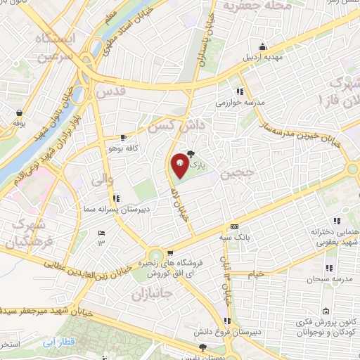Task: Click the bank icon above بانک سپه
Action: pyautogui.click(x=235, y=227)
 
